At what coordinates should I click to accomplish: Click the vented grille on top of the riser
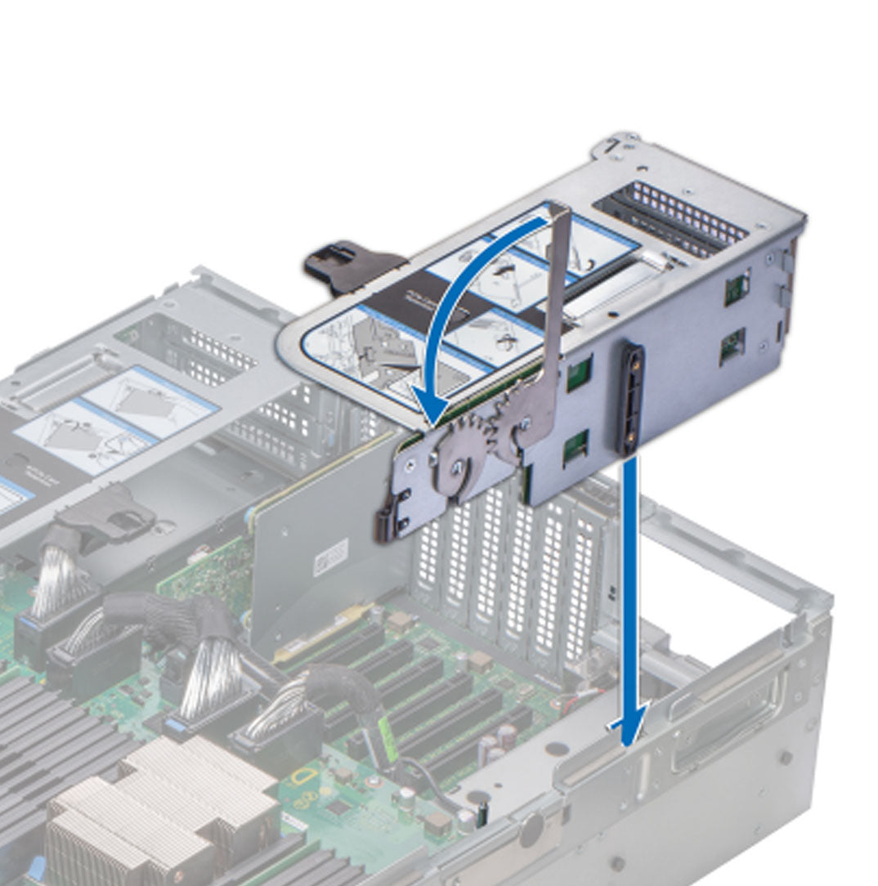click(670, 217)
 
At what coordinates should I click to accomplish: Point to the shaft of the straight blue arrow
click(629, 572)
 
